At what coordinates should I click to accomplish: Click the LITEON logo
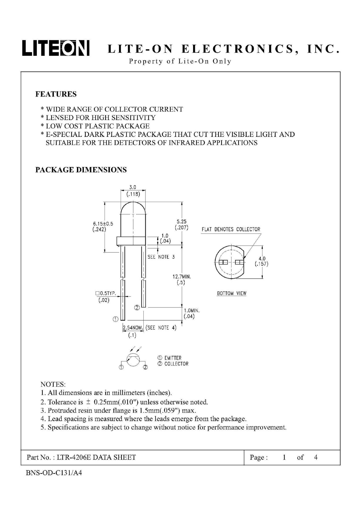(56, 48)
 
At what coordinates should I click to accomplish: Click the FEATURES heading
(56, 94)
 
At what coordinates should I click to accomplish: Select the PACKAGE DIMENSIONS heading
(81, 170)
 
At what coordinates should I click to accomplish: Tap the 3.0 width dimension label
(133, 187)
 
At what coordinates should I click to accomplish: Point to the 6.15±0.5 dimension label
(103, 224)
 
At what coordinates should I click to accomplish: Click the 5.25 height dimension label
(182, 222)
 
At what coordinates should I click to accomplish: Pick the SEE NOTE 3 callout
(161, 257)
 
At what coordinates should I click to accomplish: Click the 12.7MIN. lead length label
(182, 277)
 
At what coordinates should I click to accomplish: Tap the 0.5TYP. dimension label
(106, 294)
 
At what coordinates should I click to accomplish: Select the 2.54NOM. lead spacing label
(133, 328)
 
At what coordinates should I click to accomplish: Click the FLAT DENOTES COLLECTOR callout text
(231, 229)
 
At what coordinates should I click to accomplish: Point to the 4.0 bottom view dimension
(262, 258)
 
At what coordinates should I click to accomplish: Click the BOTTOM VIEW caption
(232, 294)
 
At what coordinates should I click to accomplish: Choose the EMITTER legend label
(173, 358)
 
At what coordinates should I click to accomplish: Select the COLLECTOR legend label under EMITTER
(176, 364)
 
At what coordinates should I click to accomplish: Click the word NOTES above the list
(53, 384)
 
